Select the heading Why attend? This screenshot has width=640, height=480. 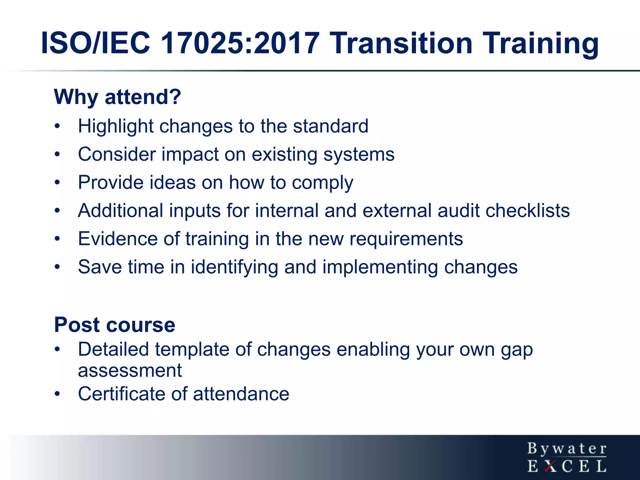coord(117,97)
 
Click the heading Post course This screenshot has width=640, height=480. coord(114,325)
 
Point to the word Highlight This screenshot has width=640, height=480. coord(116,127)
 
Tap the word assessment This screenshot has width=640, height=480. coord(130,371)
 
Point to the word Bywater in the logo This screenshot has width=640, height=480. coord(567,449)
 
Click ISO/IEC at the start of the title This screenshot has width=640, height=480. coord(96,43)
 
